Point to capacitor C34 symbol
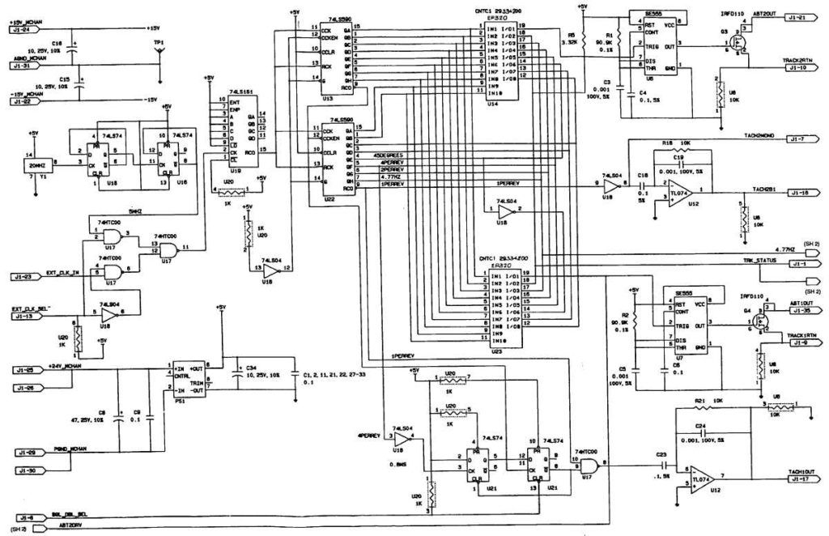pos(236,375)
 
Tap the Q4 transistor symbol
pos(760,321)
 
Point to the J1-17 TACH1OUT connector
pos(801,479)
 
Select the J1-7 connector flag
pos(801,139)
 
